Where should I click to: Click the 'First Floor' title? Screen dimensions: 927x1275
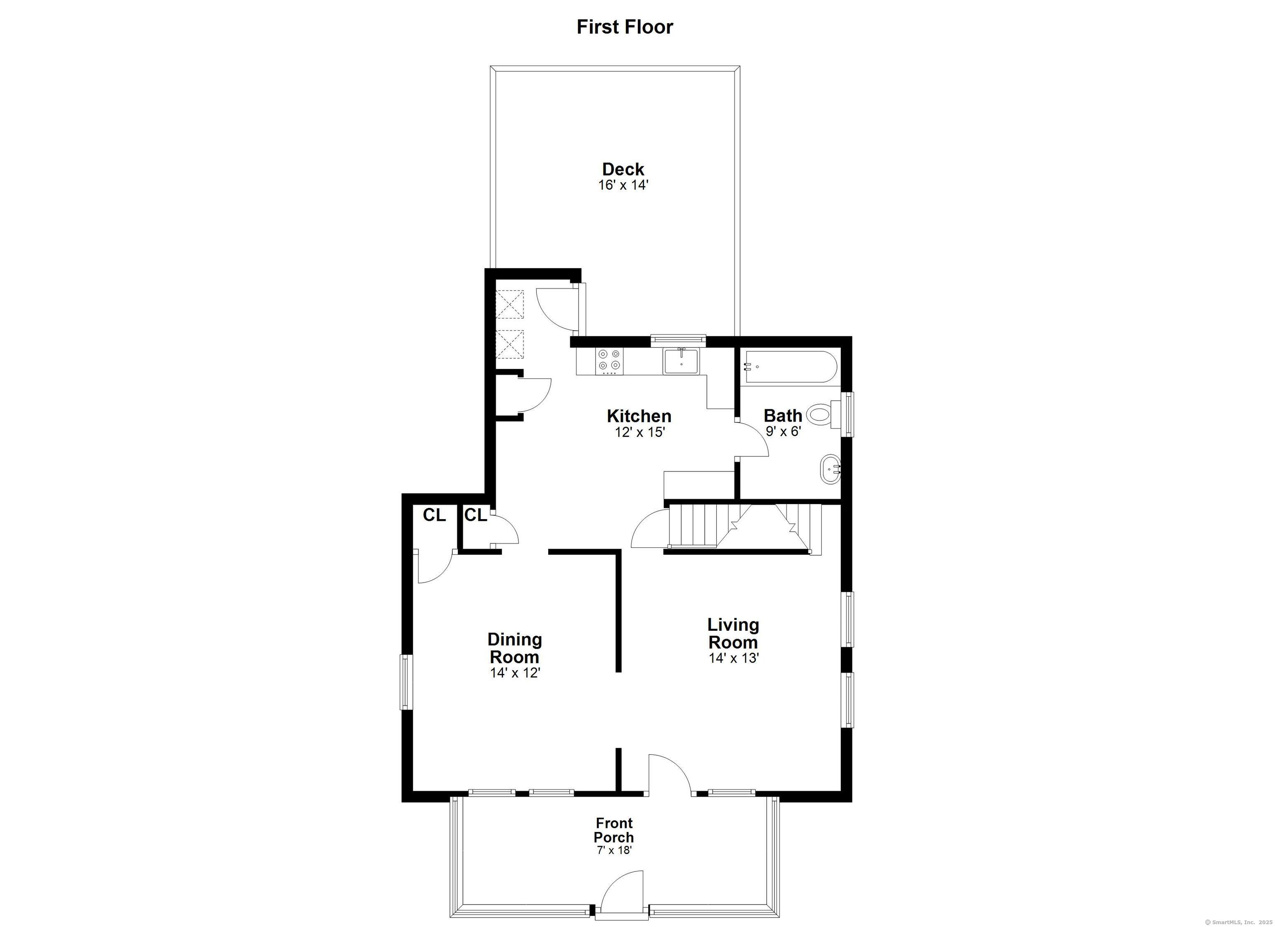625,27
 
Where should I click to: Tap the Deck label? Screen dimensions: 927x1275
623,168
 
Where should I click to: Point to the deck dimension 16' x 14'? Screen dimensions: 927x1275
623,185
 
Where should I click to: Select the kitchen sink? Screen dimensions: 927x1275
681,361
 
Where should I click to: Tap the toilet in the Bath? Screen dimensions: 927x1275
820,415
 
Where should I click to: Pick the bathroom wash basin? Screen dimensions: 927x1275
831,469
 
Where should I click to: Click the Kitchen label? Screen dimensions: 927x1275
639,416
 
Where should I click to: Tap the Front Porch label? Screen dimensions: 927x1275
614,830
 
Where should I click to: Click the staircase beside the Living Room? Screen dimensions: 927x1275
742,526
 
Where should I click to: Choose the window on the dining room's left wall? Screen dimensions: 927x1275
405,681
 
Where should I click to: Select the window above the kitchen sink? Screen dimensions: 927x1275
678,339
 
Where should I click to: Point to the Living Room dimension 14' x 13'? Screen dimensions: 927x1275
734,658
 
